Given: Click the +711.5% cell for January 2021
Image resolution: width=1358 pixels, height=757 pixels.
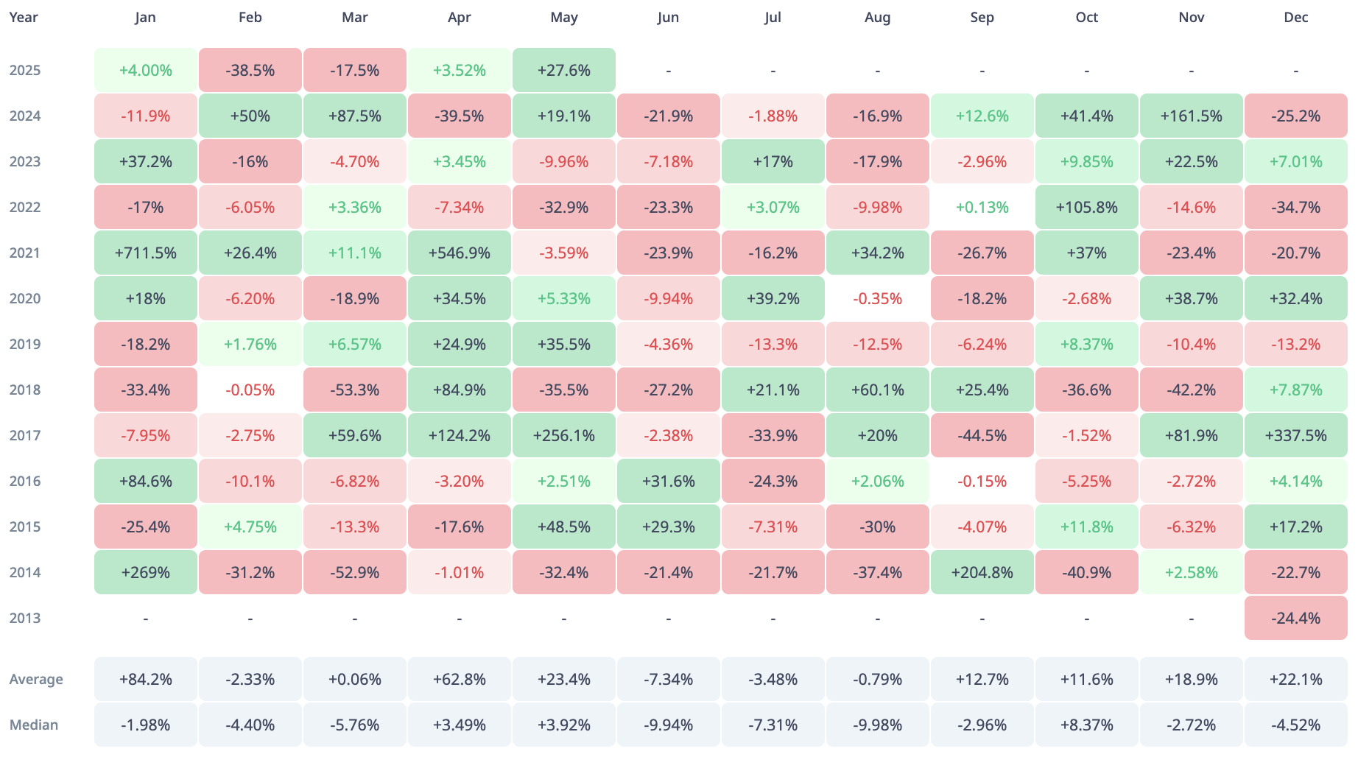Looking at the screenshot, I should pos(146,253).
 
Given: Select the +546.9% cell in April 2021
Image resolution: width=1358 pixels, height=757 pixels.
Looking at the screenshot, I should pos(460,253).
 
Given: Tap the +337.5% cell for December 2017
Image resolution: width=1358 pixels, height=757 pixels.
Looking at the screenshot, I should pos(1295,435).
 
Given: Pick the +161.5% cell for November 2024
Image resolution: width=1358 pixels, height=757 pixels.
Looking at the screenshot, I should pos(1191,116).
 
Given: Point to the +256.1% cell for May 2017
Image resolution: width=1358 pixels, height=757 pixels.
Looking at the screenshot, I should pos(564,435).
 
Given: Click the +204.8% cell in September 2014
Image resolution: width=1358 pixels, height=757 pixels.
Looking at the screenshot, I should pos(982,572).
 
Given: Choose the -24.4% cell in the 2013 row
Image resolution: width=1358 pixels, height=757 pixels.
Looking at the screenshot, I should pos(1295,618).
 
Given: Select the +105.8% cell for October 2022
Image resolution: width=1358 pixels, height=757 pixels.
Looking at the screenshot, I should pos(1086,207).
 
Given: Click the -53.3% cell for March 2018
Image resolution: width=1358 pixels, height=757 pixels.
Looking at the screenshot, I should pos(355,390).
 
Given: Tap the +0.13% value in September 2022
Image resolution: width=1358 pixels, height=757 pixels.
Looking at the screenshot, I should pos(982,207).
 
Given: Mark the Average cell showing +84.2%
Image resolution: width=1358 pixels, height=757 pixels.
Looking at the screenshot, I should pos(146,679).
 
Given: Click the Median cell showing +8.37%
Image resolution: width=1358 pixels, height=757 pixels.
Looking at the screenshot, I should pos(1086,725).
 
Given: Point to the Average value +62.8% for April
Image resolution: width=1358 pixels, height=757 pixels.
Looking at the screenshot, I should pos(460,679).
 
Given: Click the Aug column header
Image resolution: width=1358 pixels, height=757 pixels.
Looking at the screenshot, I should pos(877,17).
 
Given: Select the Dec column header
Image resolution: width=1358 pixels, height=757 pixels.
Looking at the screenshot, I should pos(1295,17).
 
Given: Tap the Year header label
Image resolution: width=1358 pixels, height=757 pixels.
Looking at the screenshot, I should pos(24,17).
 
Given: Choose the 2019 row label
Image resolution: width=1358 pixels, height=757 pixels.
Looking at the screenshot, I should pos(25,344).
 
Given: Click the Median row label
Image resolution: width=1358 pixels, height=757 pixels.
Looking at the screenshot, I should pos(34,725).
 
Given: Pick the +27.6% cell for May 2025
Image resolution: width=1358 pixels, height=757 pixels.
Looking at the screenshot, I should pos(564,70).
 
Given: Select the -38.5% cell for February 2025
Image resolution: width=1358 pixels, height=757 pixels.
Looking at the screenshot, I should pos(250,70).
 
